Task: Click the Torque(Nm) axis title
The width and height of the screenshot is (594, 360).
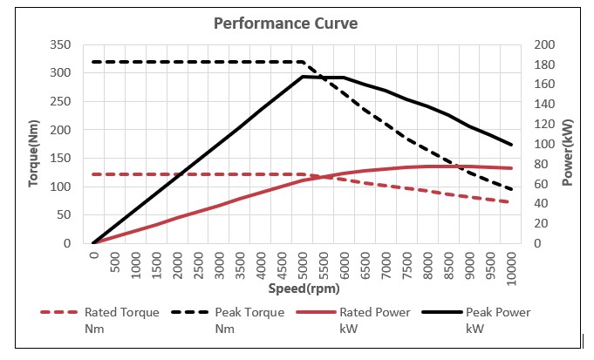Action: [36, 144]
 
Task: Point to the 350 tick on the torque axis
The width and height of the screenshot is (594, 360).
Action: [61, 44]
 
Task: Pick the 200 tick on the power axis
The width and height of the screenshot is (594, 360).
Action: [545, 44]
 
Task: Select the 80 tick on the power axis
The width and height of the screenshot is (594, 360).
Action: [542, 164]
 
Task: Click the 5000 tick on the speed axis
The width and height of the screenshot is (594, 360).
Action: [303, 263]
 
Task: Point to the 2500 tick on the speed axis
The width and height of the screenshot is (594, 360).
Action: [198, 263]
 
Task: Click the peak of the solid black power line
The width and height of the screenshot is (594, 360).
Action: [303, 77]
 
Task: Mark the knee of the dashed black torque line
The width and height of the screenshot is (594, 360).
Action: [303, 62]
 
